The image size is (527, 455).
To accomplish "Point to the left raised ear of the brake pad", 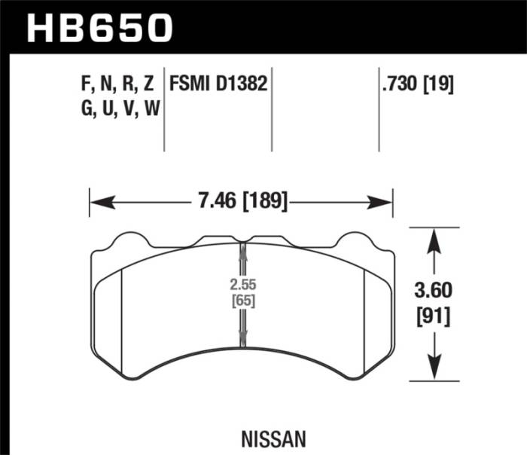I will pyautogui.click(x=132, y=242).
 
